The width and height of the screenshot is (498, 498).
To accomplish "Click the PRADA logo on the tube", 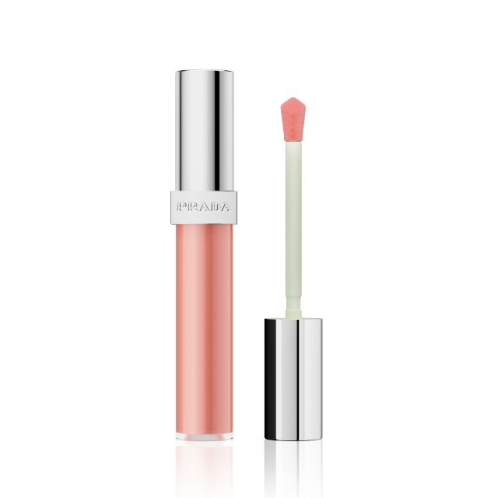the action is pos(204,208).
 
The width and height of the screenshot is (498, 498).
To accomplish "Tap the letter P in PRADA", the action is pos(182,208).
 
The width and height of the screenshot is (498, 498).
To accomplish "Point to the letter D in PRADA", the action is pos(215,208).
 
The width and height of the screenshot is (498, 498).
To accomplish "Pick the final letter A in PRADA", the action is pos(226,208).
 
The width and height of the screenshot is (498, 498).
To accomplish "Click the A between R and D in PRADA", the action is pos(204,208).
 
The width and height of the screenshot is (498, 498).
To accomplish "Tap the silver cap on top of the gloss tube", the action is pos(205,130).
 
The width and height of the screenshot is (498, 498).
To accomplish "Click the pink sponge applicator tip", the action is pos(293,120).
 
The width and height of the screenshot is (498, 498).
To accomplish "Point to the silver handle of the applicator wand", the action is pos(293,379).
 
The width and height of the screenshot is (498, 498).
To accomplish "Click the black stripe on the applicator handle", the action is pos(270,379).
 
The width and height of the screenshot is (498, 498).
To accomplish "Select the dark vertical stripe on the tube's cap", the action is pos(217,130).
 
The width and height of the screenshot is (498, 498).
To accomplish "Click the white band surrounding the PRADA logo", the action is pos(204,208).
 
